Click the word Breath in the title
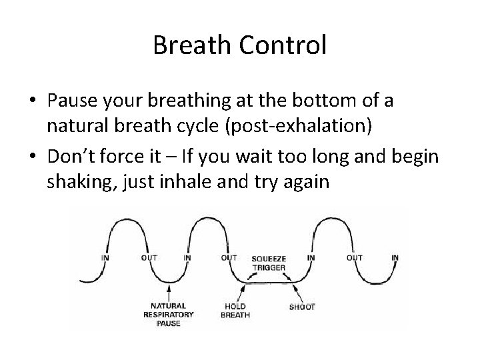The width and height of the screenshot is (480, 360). coord(193,46)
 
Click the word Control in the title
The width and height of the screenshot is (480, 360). coord(283,46)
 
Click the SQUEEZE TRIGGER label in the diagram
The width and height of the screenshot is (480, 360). coord(269,263)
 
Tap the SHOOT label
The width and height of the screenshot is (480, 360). coord(302,307)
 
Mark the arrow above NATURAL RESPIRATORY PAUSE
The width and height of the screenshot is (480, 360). coord(171,292)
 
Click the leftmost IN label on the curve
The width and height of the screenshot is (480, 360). coord(105,257)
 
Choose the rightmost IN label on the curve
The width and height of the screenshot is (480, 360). coord(395,257)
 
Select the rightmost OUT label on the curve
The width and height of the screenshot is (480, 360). coord(355,257)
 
